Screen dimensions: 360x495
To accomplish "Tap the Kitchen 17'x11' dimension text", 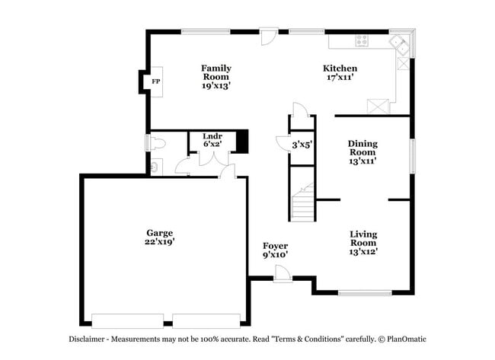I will pos(340,77).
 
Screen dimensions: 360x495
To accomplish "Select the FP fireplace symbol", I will pos(155,81).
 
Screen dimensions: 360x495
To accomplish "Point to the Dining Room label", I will pos(362,147).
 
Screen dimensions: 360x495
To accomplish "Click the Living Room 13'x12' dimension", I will pos(363,251).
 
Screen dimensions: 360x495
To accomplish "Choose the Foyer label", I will pos(275,246).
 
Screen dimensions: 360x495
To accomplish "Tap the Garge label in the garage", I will pos(160,233).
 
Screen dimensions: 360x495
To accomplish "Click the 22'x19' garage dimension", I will pos(160,242).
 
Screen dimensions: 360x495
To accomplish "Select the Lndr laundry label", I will pos(212,136).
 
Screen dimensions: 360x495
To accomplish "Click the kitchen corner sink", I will pos(401,44).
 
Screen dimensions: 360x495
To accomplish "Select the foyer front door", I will pos(282,275).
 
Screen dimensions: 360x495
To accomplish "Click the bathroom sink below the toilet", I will pos(155,166).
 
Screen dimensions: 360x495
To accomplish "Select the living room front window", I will pos(364,292).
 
